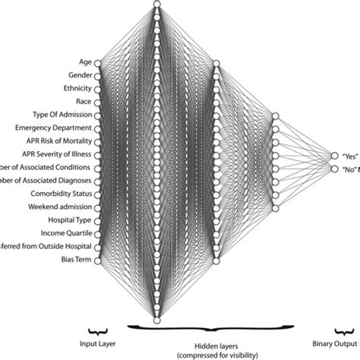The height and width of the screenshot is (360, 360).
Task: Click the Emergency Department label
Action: point(57,128)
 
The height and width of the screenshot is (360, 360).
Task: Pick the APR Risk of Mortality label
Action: point(59,141)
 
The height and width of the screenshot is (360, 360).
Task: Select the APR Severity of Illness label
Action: point(58,153)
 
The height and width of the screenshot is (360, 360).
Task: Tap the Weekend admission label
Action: point(62,207)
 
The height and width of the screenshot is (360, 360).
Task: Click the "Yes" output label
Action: point(350,156)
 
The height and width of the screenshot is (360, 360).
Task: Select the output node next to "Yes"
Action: point(335,156)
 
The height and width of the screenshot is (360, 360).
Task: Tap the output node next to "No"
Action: point(335,169)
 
